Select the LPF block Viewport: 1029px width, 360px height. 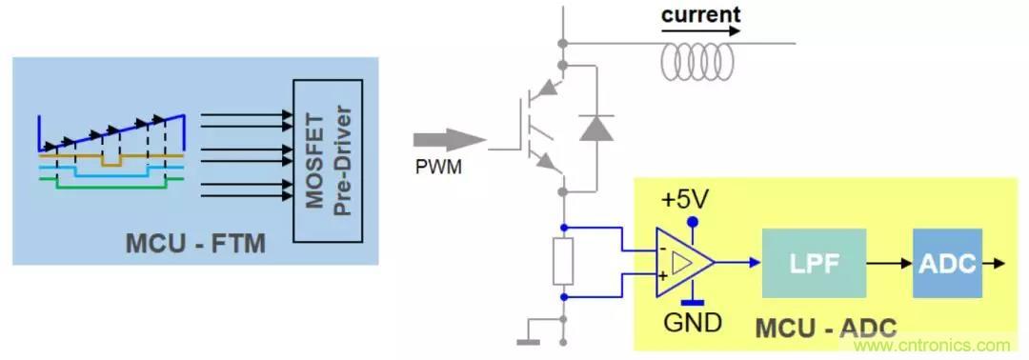[814, 263]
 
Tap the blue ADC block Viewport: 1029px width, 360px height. [948, 263]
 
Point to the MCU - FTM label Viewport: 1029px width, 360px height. [195, 244]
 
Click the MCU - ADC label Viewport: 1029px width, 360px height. [825, 328]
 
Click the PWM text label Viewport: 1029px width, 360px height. [438, 168]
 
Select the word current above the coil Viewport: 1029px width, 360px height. [700, 14]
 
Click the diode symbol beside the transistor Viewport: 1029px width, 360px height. [596, 128]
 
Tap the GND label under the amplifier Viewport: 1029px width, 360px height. [693, 322]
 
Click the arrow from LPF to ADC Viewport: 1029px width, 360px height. [889, 264]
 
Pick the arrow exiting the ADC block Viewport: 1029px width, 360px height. [994, 264]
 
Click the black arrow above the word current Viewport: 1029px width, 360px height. [700, 30]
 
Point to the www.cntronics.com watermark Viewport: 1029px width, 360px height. [934, 346]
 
